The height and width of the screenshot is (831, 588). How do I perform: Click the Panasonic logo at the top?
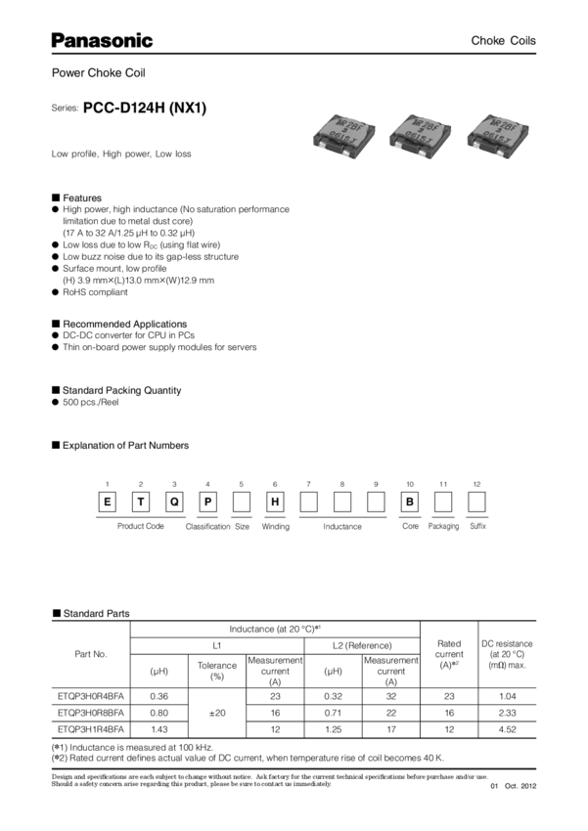(x=102, y=41)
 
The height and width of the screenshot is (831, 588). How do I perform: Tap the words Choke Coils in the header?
(x=504, y=41)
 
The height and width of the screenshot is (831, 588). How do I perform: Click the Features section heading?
(x=83, y=197)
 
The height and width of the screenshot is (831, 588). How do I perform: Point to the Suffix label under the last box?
(x=477, y=525)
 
